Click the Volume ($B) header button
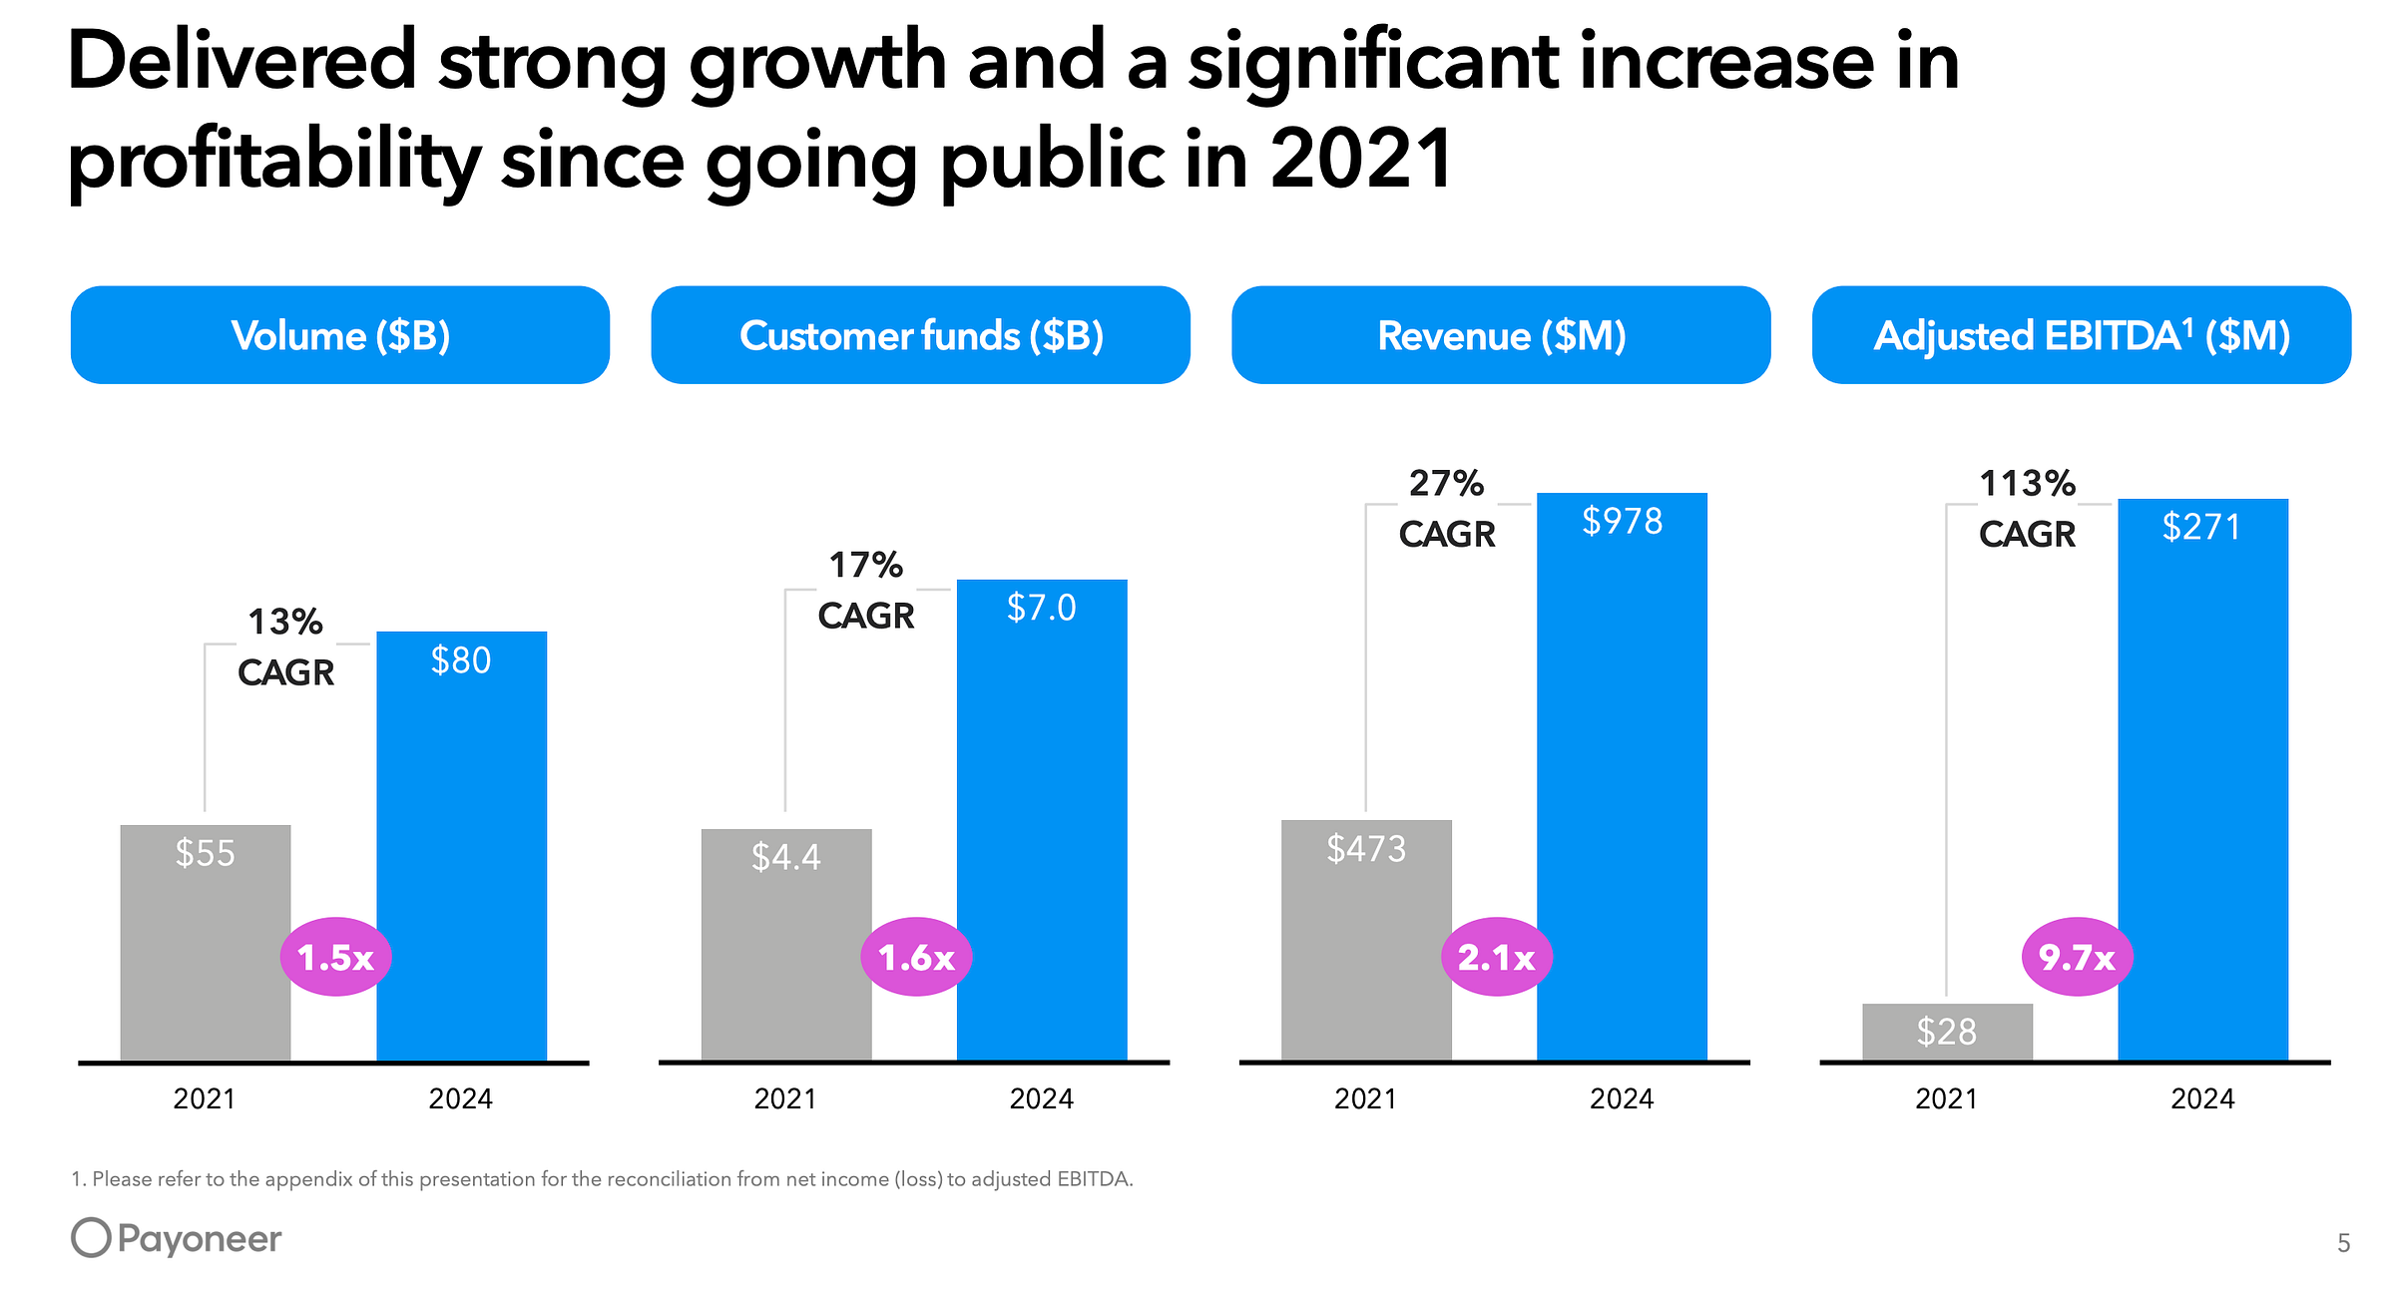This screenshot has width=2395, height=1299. [339, 335]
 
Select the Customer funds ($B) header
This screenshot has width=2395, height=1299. [920, 335]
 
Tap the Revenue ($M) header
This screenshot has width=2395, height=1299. [1501, 335]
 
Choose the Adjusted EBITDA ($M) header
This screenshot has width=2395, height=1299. [2082, 335]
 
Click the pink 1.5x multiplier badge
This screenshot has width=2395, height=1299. [335, 957]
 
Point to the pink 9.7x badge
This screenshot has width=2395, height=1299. [2077, 957]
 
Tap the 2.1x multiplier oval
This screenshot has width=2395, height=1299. [1496, 957]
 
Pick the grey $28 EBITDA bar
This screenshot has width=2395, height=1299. [1946, 1032]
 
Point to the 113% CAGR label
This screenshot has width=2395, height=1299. [2027, 509]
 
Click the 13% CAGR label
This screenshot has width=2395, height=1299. [285, 648]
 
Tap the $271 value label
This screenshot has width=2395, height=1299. [2201, 527]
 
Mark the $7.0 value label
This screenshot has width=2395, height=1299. [1041, 608]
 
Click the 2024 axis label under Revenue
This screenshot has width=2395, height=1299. [1622, 1098]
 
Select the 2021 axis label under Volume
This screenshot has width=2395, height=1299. [205, 1098]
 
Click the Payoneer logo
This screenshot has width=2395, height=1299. [177, 1238]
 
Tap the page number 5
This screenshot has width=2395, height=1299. [2343, 1243]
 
